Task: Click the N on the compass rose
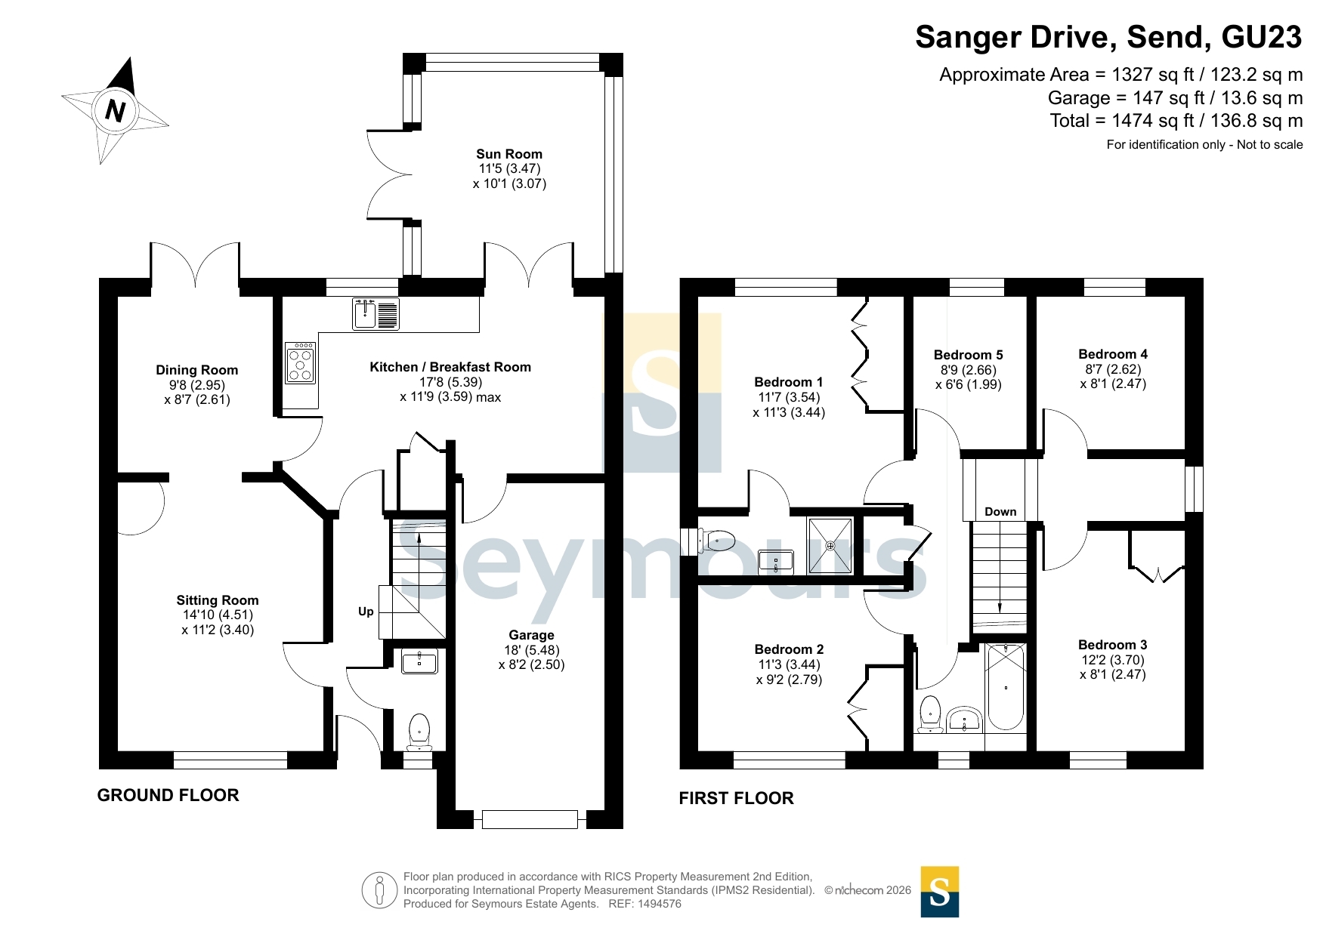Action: [115, 110]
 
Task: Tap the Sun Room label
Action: [509, 154]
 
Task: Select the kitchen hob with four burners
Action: [301, 363]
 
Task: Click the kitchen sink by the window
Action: [376, 314]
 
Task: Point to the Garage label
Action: [531, 635]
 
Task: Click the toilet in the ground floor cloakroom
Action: [419, 732]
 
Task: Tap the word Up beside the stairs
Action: [366, 612]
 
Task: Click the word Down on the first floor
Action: [1000, 512]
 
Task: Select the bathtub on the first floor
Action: [1006, 687]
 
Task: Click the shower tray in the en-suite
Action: [830, 545]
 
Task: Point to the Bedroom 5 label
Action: [969, 355]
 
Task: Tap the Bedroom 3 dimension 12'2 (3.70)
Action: [1113, 660]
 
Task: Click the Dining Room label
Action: [197, 370]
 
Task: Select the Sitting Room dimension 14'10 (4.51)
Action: [218, 615]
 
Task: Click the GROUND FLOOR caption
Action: [168, 795]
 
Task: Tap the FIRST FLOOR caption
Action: [737, 798]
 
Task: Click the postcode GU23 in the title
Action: [1262, 37]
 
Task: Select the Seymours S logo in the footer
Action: [940, 892]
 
